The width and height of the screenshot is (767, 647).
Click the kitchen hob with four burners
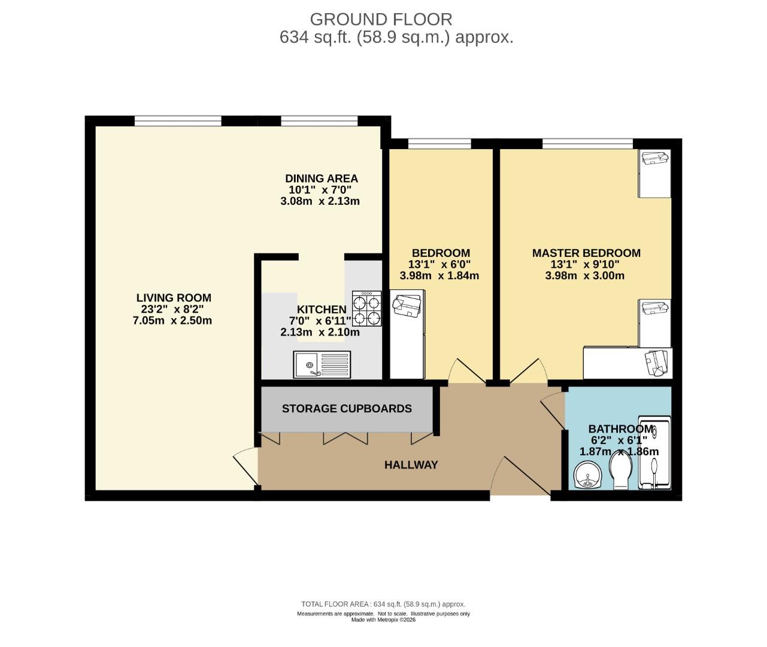pyautogui.click(x=366, y=309)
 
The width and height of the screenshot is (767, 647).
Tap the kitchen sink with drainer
pyautogui.click(x=322, y=364)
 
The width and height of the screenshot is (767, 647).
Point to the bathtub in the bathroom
pyautogui.click(x=654, y=452)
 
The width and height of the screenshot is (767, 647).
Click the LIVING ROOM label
pyautogui.click(x=174, y=298)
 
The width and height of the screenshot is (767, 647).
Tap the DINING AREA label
pyautogui.click(x=322, y=179)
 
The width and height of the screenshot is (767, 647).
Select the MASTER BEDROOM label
pyautogui.click(x=586, y=253)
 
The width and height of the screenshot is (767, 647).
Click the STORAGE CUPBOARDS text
pyautogui.click(x=347, y=409)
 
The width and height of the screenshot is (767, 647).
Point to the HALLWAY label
pyautogui.click(x=411, y=465)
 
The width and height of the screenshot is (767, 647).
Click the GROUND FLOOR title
pyautogui.click(x=381, y=20)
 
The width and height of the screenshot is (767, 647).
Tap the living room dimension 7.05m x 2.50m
pyautogui.click(x=172, y=321)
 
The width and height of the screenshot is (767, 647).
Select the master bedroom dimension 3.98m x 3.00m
pyautogui.click(x=585, y=276)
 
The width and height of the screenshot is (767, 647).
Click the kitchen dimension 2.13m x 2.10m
pyautogui.click(x=320, y=332)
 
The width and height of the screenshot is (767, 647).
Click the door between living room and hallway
pyautogui.click(x=245, y=468)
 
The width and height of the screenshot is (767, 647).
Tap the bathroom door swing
pyautogui.click(x=553, y=410)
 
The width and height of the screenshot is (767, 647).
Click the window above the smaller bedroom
pyautogui.click(x=439, y=143)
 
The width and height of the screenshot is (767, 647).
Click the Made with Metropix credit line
pyautogui.click(x=383, y=620)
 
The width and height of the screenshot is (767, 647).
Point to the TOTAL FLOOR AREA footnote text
pyautogui.click(x=383, y=604)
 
